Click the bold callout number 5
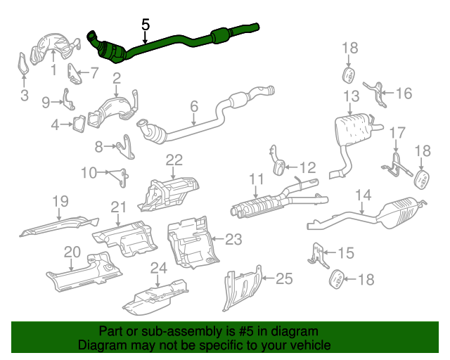146,25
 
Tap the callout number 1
53,70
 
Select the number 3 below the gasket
25,96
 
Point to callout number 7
95,72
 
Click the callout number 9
46,103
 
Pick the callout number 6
194,107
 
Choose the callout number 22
174,160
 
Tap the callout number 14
362,195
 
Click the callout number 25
283,279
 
